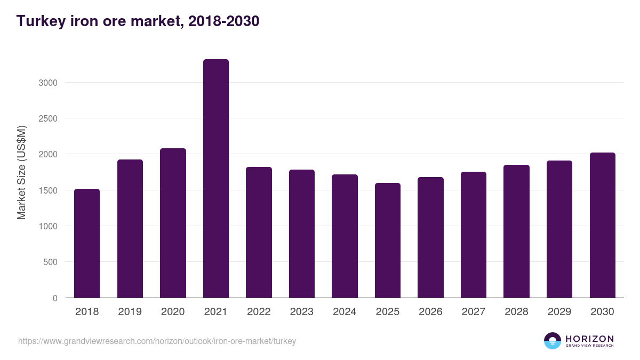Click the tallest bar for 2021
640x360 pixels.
(216, 179)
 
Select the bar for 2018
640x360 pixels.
(87, 243)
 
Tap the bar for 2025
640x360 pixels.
(388, 241)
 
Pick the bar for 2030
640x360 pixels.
(603, 225)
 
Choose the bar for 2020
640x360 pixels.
(173, 223)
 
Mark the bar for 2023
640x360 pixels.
(302, 234)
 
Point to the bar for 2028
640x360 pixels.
(517, 231)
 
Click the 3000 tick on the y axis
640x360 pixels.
(48, 83)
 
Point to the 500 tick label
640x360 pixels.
(51, 262)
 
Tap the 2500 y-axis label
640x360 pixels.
(48, 118)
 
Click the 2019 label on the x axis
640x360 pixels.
(130, 312)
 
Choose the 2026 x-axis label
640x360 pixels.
(430, 312)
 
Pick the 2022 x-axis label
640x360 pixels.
(259, 312)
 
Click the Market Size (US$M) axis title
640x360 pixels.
(21, 172)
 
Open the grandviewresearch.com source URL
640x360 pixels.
(157, 341)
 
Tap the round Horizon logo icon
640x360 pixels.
(553, 341)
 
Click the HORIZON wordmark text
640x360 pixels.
(589, 338)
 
